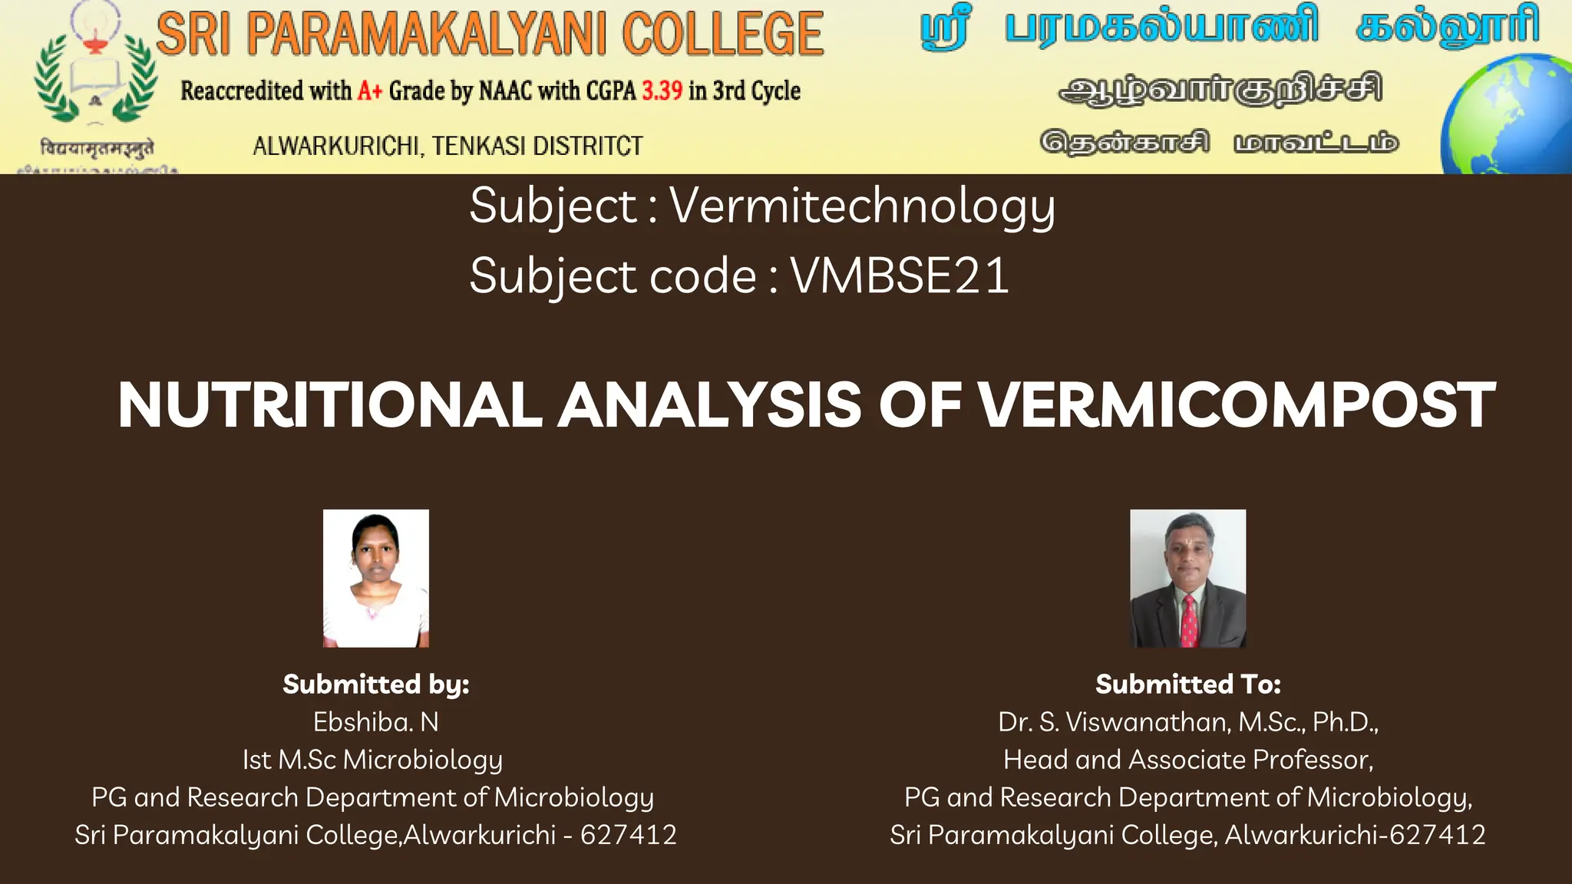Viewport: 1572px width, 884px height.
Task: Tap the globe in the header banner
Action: point(1508,115)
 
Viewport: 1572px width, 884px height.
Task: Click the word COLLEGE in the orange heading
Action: point(722,35)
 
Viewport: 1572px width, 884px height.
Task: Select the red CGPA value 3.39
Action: point(662,91)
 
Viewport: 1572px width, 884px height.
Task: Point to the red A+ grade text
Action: point(370,91)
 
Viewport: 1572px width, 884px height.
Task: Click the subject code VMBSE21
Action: point(900,275)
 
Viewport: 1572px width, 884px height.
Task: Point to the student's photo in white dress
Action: point(376,578)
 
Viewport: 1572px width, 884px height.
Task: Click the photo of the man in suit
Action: point(1187,578)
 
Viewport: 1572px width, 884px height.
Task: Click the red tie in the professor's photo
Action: point(1189,622)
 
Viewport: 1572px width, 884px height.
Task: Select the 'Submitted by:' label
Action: point(376,684)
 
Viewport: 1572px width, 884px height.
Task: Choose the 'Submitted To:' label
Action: point(1188,684)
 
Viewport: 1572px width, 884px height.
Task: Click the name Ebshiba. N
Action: point(376,722)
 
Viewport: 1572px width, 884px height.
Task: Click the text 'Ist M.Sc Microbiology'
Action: point(373,760)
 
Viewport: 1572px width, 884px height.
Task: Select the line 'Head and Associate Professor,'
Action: point(1188,760)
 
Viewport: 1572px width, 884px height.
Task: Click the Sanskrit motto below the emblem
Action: point(97,147)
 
